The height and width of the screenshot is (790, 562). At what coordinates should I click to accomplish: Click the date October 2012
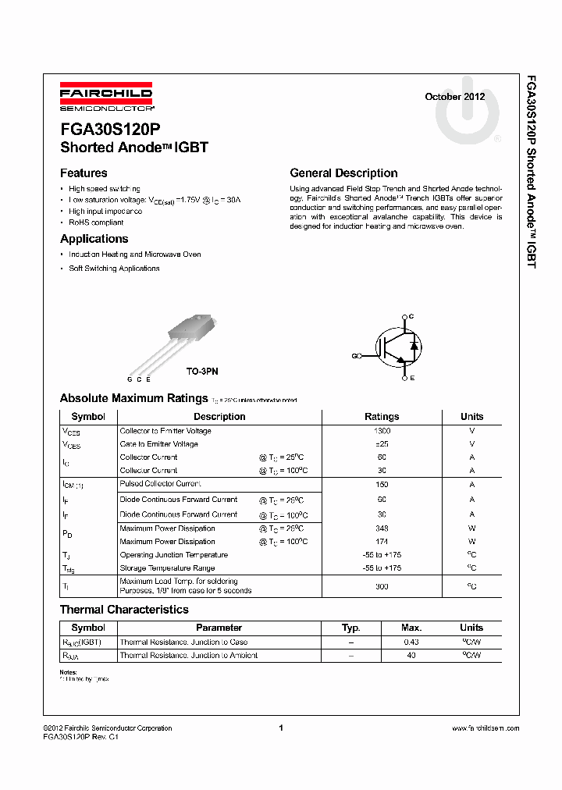tap(454, 97)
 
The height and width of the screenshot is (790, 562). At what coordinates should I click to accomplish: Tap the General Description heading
tap(343, 173)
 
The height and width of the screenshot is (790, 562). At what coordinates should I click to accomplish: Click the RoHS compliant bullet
tap(96, 222)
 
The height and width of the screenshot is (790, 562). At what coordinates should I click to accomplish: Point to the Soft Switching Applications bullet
tap(114, 269)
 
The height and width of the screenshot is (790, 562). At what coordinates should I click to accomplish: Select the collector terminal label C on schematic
tap(411, 316)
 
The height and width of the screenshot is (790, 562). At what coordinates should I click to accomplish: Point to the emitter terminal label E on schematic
tap(411, 378)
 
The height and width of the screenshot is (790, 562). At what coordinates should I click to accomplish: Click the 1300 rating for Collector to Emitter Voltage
tap(382, 431)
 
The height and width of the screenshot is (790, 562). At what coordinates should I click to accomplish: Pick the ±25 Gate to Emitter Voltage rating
tap(382, 444)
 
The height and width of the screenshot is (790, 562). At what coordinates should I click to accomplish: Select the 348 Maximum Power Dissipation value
tap(382, 528)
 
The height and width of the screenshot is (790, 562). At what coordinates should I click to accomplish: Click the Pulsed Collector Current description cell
tap(160, 484)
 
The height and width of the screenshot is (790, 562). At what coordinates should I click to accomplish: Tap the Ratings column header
tap(382, 417)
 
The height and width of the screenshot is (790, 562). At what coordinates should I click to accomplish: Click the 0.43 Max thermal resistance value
tap(411, 642)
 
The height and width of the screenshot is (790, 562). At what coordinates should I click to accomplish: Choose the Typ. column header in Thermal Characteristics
tap(351, 628)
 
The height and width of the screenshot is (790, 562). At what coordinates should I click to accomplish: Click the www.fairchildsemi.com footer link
tap(486, 728)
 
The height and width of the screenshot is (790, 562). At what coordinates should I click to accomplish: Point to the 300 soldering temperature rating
tap(382, 585)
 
